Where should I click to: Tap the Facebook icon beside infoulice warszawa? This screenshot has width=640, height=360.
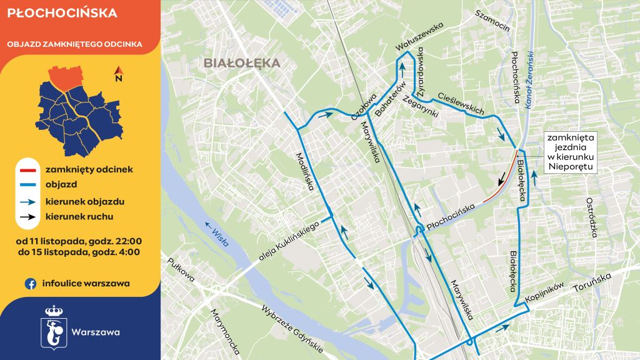pos(29,283)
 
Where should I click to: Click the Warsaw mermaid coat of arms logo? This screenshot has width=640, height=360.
pos(52,326)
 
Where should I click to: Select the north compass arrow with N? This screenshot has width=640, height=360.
pos(118,75)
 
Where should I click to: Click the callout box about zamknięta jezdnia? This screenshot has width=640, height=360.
pos(570,152)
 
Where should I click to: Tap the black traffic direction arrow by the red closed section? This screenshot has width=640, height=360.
pos(502,179)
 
